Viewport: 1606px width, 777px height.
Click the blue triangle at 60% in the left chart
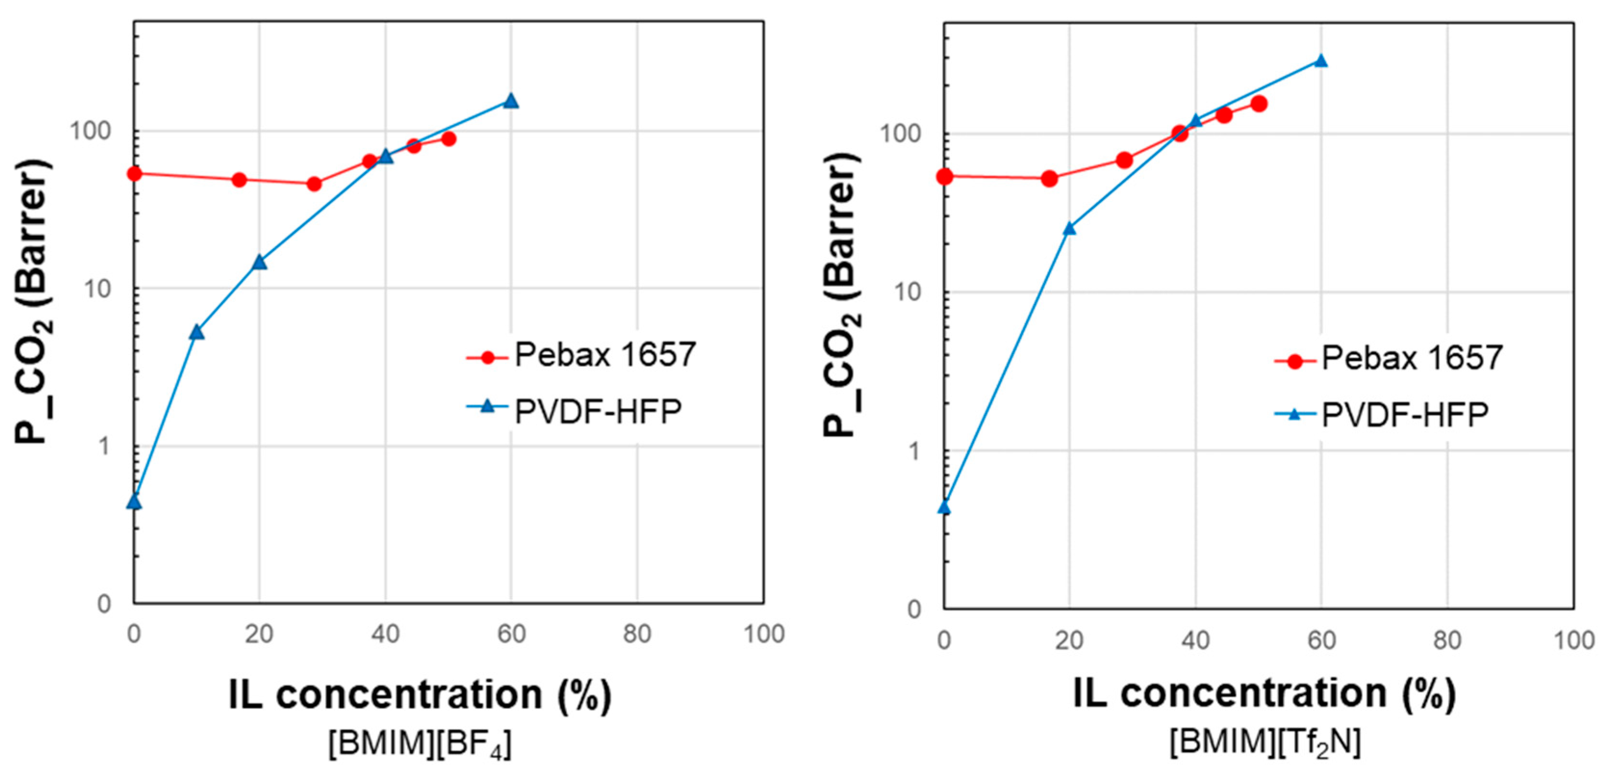(511, 101)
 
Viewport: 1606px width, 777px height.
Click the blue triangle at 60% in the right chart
(1320, 61)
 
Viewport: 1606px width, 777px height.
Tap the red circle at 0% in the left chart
(134, 173)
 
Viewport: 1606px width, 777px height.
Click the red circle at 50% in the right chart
(1259, 103)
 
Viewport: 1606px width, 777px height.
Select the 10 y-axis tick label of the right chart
(907, 293)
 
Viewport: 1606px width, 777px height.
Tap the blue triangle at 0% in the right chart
(945, 508)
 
